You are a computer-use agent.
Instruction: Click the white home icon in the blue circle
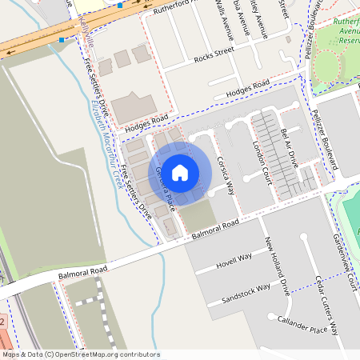180,172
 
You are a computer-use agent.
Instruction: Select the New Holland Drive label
277,268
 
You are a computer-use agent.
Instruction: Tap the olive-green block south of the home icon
199,214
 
